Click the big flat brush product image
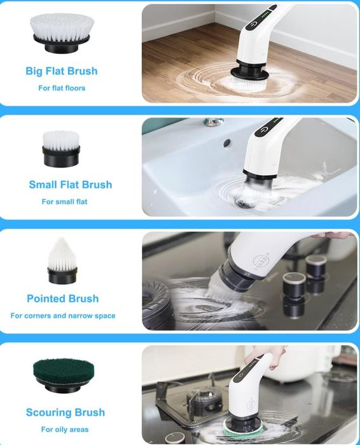[62, 33]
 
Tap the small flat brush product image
[61, 149]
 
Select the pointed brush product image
[62, 260]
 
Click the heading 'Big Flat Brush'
[62, 71]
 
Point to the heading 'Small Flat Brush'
[71, 185]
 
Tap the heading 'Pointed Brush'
[62, 299]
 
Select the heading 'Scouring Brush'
[66, 413]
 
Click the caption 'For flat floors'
[62, 88]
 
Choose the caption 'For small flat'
[64, 202]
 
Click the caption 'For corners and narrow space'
[63, 316]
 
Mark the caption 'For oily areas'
[65, 429]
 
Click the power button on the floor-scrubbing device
[253, 24]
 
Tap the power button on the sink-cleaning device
[263, 131]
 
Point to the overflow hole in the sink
[227, 143]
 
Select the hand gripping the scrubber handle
[271, 357]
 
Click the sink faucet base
[213, 122]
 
